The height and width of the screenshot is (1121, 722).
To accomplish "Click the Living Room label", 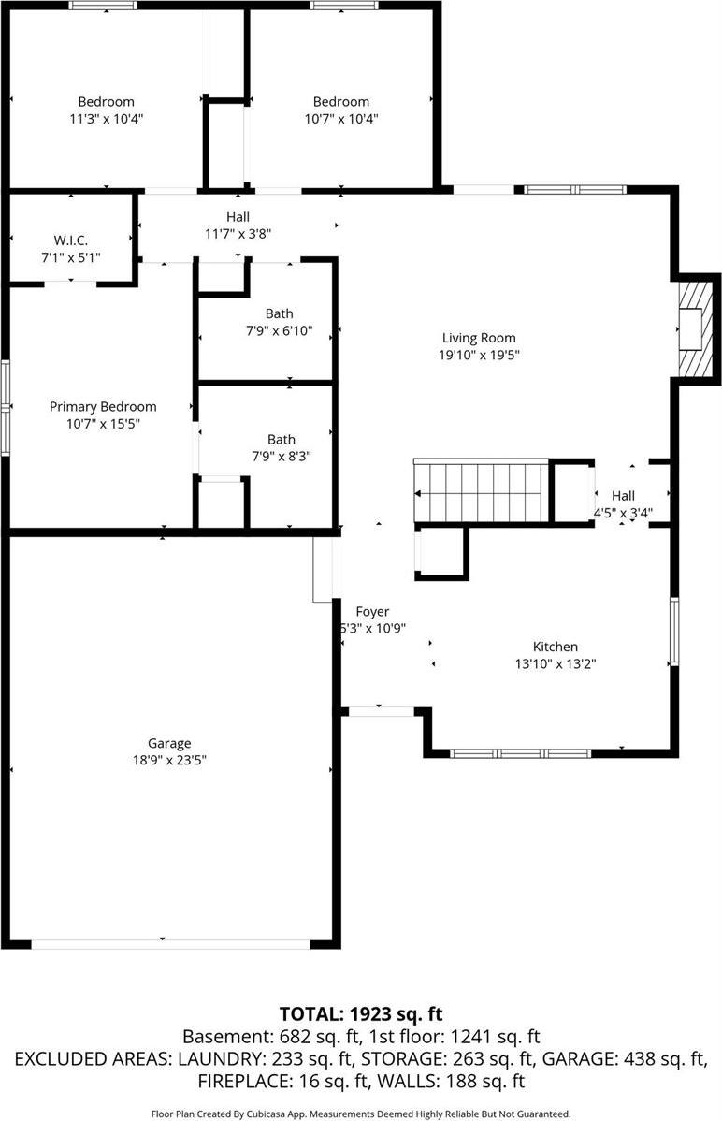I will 478,338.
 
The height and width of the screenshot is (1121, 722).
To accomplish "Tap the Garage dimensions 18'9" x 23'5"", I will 169,761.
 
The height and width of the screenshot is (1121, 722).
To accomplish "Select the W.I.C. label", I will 70,240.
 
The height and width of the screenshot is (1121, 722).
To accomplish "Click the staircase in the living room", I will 480,492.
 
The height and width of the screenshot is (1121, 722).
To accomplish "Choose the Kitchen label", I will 555,647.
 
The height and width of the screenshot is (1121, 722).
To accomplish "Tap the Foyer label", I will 371,612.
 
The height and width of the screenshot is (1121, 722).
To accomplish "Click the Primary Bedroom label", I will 103,407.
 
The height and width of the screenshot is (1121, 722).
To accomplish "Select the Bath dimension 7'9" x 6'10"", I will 279,330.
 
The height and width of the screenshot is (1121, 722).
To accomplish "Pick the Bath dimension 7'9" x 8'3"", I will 281,456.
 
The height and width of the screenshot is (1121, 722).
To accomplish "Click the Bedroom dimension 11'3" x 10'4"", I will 106,119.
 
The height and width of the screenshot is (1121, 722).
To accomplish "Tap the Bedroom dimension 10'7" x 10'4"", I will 340,119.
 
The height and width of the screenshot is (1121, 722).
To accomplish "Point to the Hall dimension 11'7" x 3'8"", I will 238,234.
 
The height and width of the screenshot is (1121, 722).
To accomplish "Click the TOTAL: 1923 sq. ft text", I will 360,1013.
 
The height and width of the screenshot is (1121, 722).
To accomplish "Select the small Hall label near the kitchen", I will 623,495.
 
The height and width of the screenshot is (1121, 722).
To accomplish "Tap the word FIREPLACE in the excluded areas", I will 238,1082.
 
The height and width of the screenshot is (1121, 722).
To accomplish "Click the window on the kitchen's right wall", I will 673,633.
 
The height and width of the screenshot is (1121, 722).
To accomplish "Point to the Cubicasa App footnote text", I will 360,1114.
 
